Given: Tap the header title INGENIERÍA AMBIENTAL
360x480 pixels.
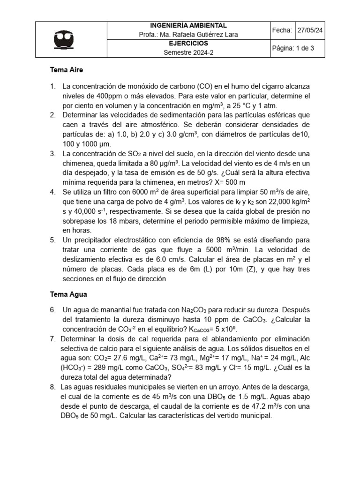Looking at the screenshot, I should pyautogui.click(x=188, y=25).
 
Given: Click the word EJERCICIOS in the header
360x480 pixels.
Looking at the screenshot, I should pyautogui.click(x=188, y=43).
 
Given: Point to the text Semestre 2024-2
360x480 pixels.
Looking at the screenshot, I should pyautogui.click(x=188, y=52).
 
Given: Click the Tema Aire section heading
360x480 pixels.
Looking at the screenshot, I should pyautogui.click(x=66, y=70).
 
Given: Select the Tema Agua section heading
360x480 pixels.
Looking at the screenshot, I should pyautogui.click(x=68, y=295).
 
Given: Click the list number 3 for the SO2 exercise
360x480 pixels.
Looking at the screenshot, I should pyautogui.click(x=52, y=154).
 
